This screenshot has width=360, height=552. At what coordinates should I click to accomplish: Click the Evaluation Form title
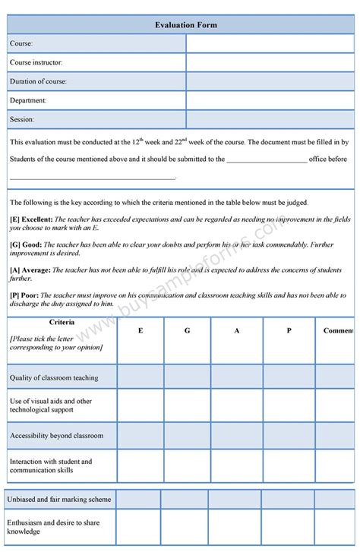click(187, 25)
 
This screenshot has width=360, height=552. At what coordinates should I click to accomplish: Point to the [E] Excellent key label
click(31, 219)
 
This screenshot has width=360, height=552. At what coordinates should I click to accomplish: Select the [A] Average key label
click(30, 270)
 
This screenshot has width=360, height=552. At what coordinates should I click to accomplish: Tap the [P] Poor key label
click(24, 295)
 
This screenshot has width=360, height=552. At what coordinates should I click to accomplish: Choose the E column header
click(140, 331)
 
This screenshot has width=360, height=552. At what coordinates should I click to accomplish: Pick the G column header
click(187, 331)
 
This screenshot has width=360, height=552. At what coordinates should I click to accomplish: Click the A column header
click(237, 331)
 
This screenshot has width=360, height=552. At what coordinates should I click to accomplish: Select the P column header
click(289, 331)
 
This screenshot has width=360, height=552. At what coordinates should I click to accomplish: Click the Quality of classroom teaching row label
click(53, 377)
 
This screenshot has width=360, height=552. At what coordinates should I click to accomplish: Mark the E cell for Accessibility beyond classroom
click(140, 436)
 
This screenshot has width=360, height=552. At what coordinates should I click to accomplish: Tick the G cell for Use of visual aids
click(187, 405)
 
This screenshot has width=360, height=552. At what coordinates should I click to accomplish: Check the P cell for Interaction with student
click(289, 465)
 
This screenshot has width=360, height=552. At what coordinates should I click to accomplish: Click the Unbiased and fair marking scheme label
click(59, 500)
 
